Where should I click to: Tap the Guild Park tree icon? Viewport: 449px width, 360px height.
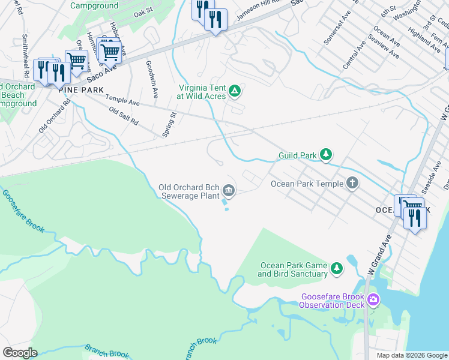coord(326,155)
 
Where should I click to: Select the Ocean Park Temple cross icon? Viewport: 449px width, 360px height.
coord(352,184)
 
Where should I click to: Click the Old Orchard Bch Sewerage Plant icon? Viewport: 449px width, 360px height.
coord(229,191)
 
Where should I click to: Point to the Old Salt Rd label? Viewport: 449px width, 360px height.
coord(124,116)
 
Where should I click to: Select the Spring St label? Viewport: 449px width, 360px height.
coord(170,124)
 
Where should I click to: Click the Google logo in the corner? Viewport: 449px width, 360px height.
coord(20,353)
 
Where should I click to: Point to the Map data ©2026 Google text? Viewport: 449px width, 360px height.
coord(411,355)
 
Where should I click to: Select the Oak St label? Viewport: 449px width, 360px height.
coord(143,13)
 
